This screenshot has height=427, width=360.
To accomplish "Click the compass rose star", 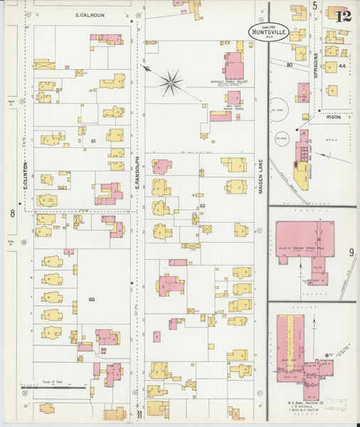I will click(x=171, y=83).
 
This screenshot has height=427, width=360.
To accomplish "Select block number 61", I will click(x=94, y=141).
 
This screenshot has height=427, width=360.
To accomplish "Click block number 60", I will click(x=91, y=299).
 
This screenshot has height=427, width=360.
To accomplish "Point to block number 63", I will click(x=203, y=206).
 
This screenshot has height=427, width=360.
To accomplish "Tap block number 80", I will click(x=290, y=65).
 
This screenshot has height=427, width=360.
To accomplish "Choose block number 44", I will click(x=342, y=66).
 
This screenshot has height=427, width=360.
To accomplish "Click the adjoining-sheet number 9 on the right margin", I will click(x=351, y=252).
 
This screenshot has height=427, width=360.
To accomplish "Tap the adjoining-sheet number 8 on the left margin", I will click(x=12, y=213).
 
